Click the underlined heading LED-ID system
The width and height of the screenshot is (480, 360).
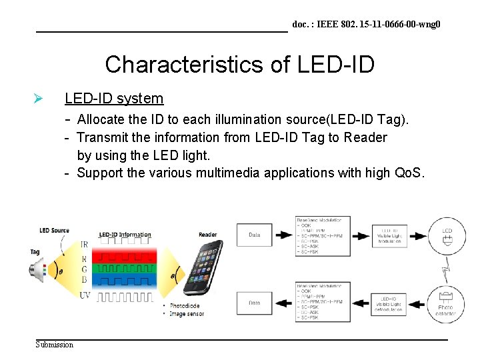(x=114, y=99)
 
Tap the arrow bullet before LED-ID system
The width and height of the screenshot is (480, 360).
(x=39, y=99)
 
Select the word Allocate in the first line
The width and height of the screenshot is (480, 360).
(x=103, y=120)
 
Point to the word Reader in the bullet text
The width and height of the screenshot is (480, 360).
(x=365, y=138)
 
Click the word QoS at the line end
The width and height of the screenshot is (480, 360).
(x=408, y=173)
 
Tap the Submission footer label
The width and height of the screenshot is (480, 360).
(x=55, y=344)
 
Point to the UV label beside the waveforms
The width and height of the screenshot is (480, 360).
(x=84, y=295)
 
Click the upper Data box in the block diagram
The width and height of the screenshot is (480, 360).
(x=254, y=235)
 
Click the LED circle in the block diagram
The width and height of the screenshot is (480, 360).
(x=447, y=235)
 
